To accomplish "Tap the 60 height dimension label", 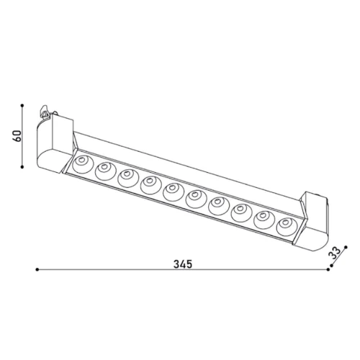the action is coord(17,136).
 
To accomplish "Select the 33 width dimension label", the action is coord(336,253).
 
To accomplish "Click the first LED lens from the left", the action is coord(82,163).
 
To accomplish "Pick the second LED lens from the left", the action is coord(104,171).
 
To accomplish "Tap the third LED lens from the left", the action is coord(128,178).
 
